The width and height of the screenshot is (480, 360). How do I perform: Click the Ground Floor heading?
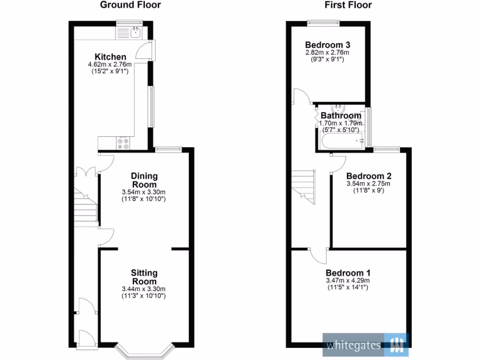(x=130, y=5)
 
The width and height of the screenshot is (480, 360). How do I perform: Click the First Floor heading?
(x=348, y=5)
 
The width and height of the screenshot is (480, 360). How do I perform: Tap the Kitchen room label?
(x=110, y=57)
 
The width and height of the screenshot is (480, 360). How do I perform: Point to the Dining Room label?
(x=144, y=180)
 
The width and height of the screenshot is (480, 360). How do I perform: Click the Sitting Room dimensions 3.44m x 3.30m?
(x=144, y=289)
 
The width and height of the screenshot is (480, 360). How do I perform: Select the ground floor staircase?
(x=85, y=206)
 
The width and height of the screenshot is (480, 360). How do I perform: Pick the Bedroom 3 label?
(x=327, y=45)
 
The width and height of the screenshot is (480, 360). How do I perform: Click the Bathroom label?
(x=341, y=116)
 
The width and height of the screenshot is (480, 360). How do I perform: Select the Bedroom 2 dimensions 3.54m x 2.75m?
(x=368, y=184)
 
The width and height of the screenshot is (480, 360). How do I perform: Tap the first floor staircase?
(x=304, y=186)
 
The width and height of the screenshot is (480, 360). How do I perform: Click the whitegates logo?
(x=365, y=345)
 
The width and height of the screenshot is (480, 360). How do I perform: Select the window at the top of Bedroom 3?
(x=323, y=22)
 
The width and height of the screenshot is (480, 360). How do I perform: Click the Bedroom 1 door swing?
(x=319, y=255)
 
